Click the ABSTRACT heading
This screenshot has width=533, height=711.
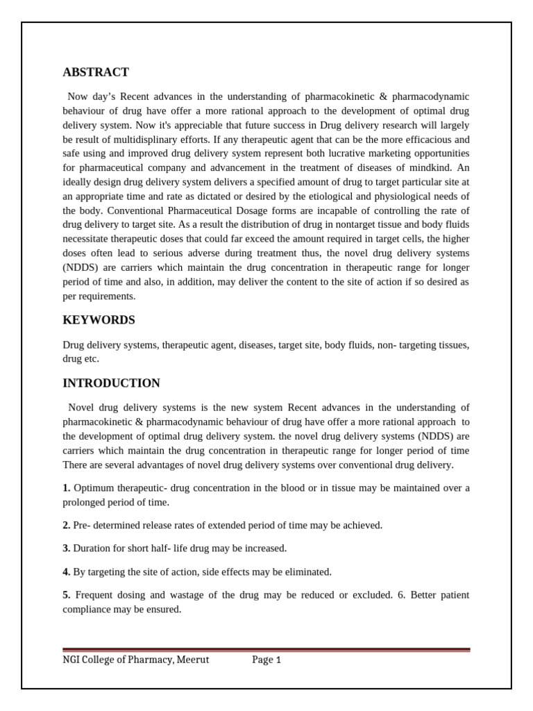(96, 72)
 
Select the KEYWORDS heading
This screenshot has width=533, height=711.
(99, 320)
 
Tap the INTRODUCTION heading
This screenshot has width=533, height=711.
(111, 383)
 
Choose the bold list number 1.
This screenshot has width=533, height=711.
(67, 488)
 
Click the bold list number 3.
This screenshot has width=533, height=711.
(67, 549)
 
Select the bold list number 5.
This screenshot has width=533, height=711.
(67, 595)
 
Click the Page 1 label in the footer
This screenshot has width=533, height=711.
(266, 660)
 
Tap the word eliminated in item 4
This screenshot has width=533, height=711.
(305, 572)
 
